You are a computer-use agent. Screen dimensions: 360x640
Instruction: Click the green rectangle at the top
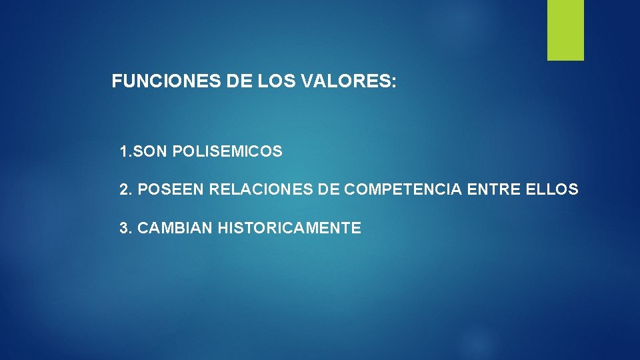[565, 30]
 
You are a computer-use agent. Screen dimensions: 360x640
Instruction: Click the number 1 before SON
[123, 152]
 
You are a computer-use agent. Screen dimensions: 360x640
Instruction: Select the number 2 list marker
[124, 190]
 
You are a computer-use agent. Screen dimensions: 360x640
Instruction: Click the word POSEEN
[171, 190]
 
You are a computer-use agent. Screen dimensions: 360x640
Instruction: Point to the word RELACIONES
[261, 190]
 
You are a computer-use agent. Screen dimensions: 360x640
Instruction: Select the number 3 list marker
[124, 229]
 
